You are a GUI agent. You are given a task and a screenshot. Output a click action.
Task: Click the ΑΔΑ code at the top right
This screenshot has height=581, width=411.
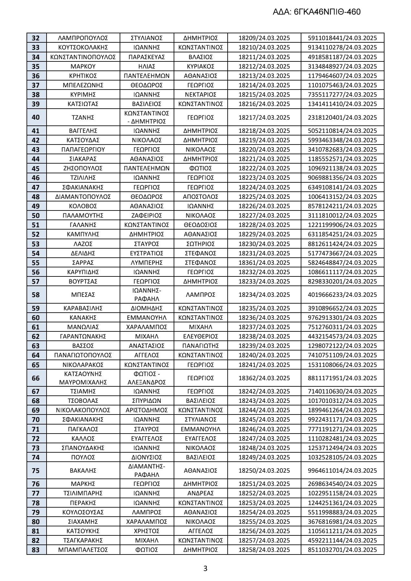pyautogui.click(x=317, y=12)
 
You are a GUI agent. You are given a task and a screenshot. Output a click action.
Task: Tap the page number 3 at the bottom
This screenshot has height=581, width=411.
pyautogui.click(x=205, y=568)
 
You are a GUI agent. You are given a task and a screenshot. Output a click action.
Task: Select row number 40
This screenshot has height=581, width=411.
pyautogui.click(x=36, y=117)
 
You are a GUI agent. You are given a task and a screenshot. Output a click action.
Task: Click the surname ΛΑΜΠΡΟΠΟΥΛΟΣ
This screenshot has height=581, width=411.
pyautogui.click(x=83, y=38)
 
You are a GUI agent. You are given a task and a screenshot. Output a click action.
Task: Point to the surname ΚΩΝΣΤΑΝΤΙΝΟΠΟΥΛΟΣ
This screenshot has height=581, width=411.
pyautogui.click(x=83, y=57)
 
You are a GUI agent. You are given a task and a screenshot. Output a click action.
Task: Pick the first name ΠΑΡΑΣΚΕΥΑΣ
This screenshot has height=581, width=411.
pyautogui.click(x=146, y=57)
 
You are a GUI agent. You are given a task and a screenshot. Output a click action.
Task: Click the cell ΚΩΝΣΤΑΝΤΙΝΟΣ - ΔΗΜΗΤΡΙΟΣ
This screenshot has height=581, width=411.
pyautogui.click(x=146, y=117)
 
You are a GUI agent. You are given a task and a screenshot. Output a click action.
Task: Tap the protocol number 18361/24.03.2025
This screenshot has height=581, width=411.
pyautogui.click(x=264, y=263)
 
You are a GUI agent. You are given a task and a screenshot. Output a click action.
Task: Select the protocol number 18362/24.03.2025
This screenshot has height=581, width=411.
pyautogui.click(x=264, y=378)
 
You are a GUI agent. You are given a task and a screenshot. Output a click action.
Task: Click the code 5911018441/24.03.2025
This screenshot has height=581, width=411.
pyautogui.click(x=342, y=38)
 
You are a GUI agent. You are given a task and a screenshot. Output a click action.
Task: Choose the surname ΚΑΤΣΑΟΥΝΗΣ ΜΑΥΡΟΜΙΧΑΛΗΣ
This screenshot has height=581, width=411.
pyautogui.click(x=83, y=378)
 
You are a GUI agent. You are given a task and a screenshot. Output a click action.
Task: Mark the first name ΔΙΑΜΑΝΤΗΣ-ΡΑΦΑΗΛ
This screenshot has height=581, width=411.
pyautogui.click(x=146, y=470)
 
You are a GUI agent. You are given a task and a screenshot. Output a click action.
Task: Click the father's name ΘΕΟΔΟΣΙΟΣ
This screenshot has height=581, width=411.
pyautogui.click(x=200, y=225)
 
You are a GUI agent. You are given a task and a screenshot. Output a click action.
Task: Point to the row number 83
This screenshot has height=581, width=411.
pyautogui.click(x=36, y=550)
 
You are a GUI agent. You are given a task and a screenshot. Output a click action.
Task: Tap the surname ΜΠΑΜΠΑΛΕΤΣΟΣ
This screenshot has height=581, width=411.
pyautogui.click(x=83, y=550)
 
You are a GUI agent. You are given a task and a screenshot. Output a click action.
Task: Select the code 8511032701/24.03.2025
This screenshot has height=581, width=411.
pyautogui.click(x=342, y=550)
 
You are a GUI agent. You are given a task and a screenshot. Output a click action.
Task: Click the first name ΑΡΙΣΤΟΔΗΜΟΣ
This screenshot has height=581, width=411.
pyautogui.click(x=146, y=410)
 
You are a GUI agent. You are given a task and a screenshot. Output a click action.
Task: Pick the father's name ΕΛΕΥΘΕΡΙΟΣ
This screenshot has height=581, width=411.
pyautogui.click(x=200, y=336)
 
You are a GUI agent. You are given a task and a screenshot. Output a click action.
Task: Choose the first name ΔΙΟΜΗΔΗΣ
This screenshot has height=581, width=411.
pyautogui.click(x=146, y=308)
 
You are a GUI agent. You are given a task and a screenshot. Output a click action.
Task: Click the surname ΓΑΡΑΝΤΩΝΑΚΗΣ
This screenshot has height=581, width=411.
pyautogui.click(x=83, y=336)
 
